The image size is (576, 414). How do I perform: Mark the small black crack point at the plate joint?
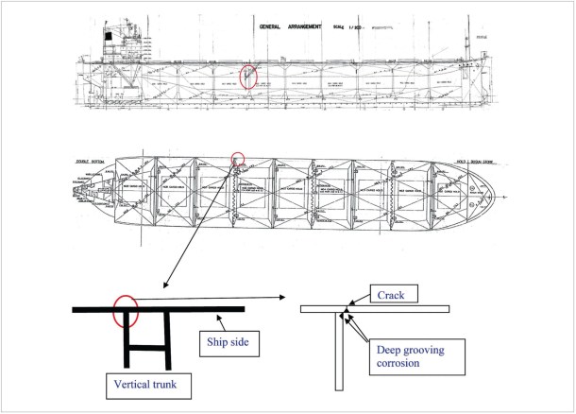(x=346, y=310)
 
